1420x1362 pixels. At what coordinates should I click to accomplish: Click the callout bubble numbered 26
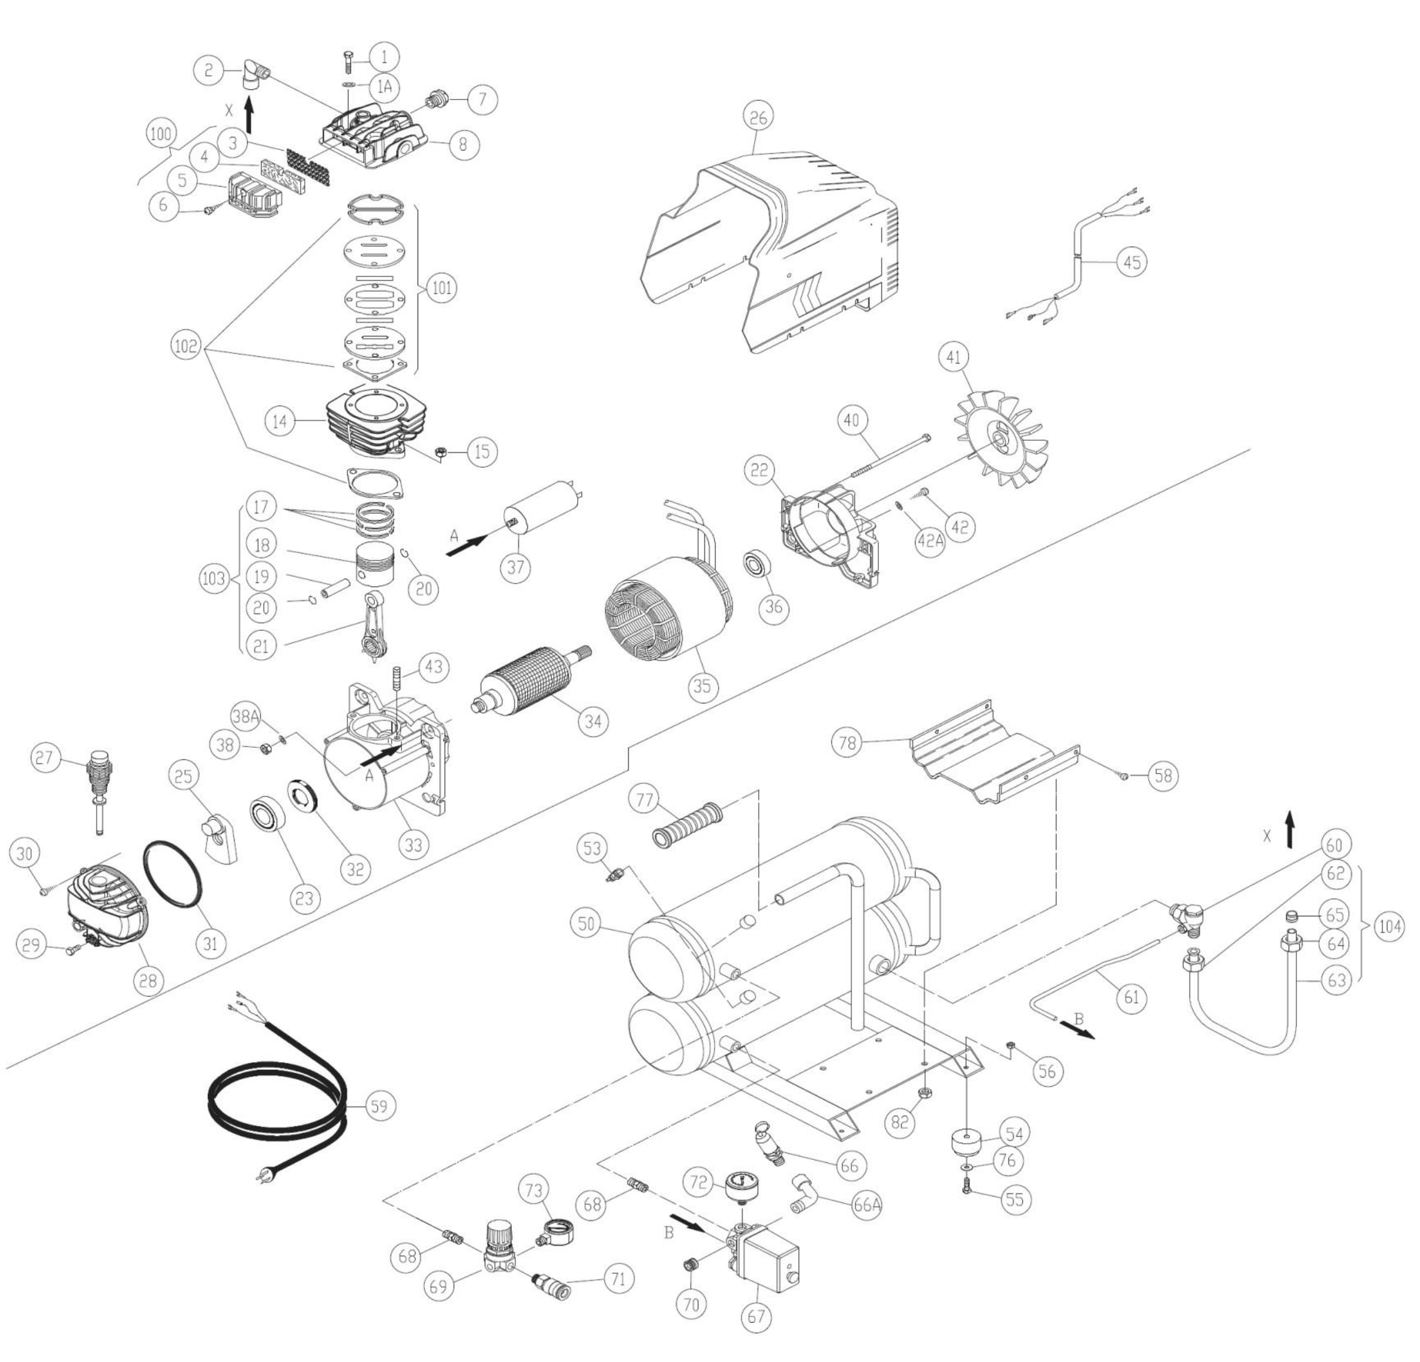[758, 116]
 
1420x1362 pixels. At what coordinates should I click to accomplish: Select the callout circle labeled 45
[1133, 261]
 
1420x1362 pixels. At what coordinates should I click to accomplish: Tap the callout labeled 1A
[384, 87]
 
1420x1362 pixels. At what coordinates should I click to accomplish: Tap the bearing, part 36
[757, 563]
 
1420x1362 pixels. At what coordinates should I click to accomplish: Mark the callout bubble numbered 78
[847, 743]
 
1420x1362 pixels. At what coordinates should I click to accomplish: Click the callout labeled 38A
[245, 716]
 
